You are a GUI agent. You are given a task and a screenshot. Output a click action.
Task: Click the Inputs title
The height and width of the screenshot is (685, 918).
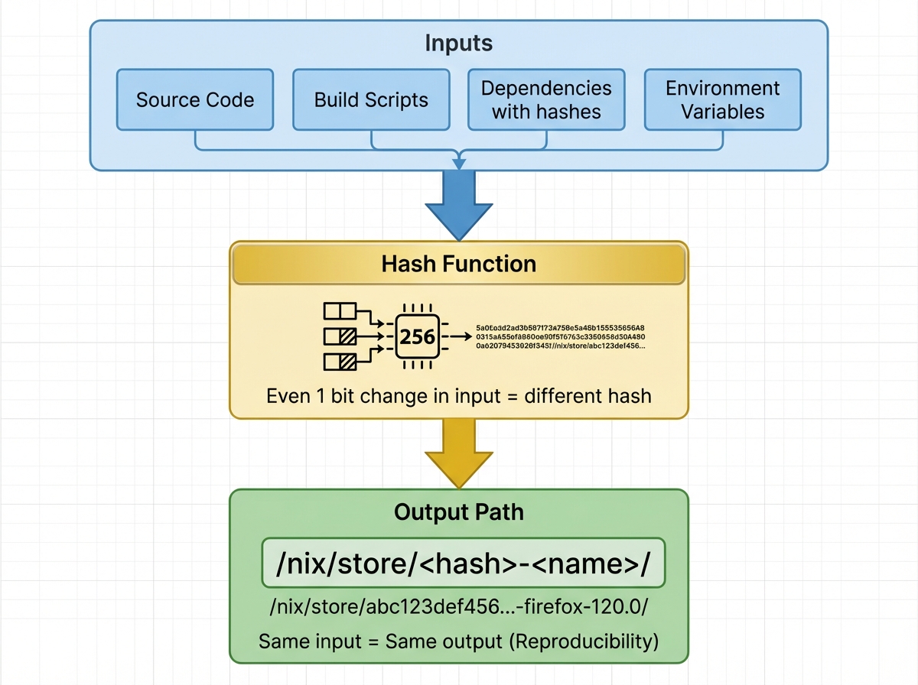click(x=459, y=43)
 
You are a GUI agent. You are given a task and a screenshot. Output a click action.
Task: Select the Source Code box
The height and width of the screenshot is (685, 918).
click(x=195, y=99)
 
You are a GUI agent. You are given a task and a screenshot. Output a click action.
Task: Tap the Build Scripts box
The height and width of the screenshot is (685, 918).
click(x=371, y=99)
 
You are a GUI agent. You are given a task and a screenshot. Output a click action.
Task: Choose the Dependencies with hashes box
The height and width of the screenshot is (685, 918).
click(x=546, y=99)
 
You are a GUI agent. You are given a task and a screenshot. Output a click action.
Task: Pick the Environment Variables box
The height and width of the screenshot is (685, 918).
click(x=723, y=99)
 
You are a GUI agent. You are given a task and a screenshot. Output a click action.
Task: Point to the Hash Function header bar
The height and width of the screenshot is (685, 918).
click(x=459, y=265)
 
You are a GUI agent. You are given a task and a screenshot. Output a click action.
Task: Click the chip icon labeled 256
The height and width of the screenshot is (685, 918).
click(x=418, y=336)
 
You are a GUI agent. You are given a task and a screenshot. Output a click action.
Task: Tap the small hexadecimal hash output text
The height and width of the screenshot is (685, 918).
click(x=560, y=336)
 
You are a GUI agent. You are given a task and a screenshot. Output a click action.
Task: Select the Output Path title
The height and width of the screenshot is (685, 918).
click(x=459, y=511)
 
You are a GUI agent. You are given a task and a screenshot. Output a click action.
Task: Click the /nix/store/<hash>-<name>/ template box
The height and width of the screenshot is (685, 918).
click(x=463, y=564)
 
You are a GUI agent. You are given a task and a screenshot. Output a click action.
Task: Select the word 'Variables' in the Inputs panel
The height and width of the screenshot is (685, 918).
click(x=723, y=112)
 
